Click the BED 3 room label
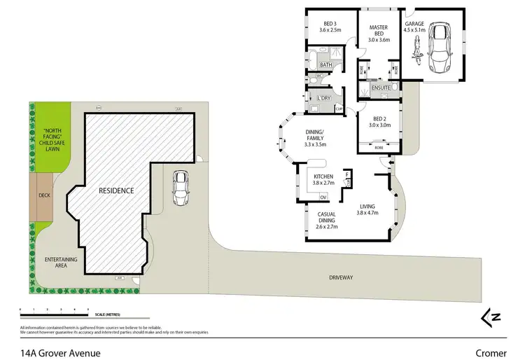[329, 26]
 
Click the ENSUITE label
[381, 89]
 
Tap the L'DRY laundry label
[323, 97]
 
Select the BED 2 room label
[381, 122]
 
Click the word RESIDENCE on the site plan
[115, 190]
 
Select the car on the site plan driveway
[180, 188]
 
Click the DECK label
[44, 195]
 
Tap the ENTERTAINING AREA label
[60, 263]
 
